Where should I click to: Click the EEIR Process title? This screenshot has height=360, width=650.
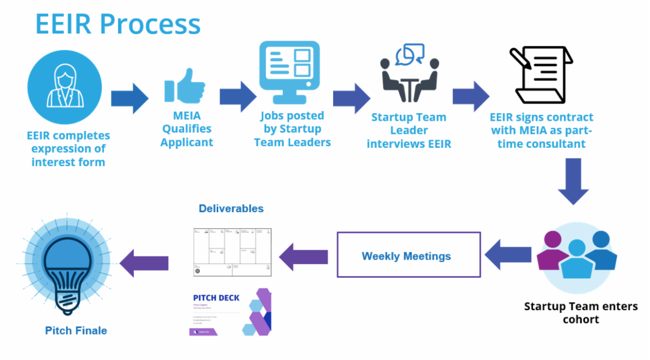pos(118,24)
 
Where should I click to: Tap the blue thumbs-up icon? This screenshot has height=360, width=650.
pos(185,87)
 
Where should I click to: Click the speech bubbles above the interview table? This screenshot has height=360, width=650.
pos(409,54)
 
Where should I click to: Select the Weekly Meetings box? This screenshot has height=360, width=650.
pos(408,256)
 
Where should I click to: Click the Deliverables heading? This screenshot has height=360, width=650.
pos(231,208)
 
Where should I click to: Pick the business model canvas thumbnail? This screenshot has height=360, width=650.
pos(232,252)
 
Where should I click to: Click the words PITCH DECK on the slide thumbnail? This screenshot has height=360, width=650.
pos(216,298)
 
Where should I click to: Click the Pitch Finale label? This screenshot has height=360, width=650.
pos(76,330)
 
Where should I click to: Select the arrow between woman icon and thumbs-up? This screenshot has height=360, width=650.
pos(129,98)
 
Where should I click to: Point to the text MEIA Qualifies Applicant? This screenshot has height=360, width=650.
pos(186,129)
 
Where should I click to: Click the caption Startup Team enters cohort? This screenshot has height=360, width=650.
pos(581,312)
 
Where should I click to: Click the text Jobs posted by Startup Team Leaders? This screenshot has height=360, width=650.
pos(292,129)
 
